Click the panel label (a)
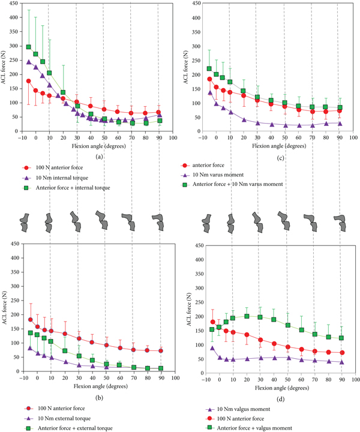(x=97, y=157)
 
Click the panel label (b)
(x=97, y=397)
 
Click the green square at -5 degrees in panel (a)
(x=29, y=46)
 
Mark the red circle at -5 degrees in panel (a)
(x=29, y=80)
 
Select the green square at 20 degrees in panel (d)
(x=247, y=316)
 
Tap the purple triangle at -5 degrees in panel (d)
(x=212, y=348)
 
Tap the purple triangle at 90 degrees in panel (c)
(x=340, y=123)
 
